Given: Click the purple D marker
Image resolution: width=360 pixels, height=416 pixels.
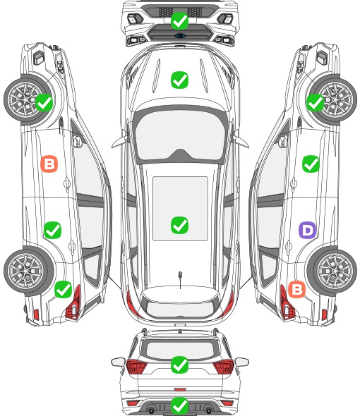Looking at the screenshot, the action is pyautogui.click(x=307, y=230).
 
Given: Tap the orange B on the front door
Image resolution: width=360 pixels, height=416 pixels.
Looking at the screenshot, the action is pyautogui.click(x=49, y=164).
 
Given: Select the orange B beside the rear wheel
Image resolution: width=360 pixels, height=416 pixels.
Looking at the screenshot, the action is pyautogui.click(x=296, y=289).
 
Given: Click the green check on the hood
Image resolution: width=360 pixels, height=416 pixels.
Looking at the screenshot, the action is pyautogui.click(x=179, y=80).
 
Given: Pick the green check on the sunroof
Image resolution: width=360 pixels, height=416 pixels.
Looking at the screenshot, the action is pyautogui.click(x=179, y=225).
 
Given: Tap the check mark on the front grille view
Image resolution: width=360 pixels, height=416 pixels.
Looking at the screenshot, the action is pyautogui.click(x=179, y=20).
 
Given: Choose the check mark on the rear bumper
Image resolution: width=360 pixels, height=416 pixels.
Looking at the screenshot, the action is pyautogui.click(x=179, y=405).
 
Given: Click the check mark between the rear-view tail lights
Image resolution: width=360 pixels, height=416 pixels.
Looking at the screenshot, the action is pyautogui.click(x=179, y=365).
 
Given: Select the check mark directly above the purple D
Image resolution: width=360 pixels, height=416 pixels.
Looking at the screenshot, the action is pyautogui.click(x=311, y=164).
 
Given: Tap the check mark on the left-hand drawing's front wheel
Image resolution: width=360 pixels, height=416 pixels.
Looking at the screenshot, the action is pyautogui.click(x=44, y=102).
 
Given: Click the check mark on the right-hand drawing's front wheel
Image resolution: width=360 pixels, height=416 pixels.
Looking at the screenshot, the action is pyautogui.click(x=316, y=102).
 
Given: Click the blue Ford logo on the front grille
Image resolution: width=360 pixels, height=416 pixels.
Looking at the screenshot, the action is pyautogui.click(x=180, y=35).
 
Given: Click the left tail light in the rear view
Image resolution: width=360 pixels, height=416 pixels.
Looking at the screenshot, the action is pyautogui.click(x=136, y=367).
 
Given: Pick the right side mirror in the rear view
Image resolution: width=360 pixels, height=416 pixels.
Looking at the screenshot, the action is pyautogui.click(x=242, y=362).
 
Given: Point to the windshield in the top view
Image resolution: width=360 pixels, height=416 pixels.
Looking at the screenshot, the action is pyautogui.click(x=180, y=135).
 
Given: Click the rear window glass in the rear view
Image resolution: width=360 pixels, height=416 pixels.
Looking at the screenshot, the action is pyautogui.click(x=180, y=350).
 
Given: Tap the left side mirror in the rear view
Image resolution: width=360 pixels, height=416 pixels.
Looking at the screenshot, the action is pyautogui.click(x=118, y=362).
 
